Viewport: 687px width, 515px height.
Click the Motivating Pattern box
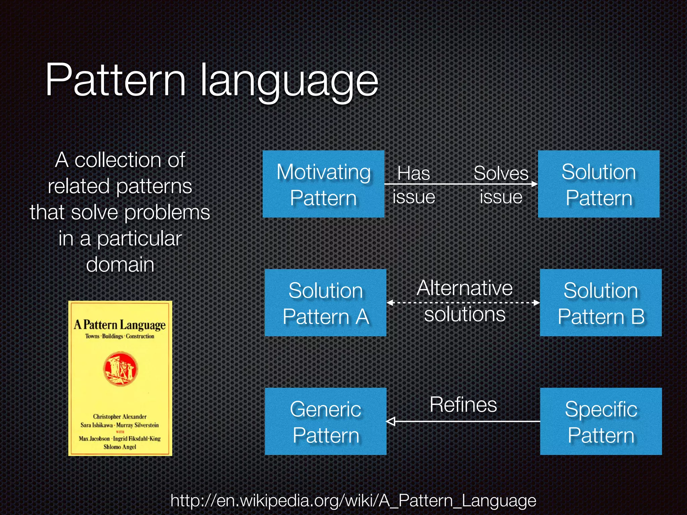click(323, 184)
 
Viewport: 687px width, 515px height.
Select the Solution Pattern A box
click(325, 303)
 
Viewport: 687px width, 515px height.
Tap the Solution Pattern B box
click(600, 303)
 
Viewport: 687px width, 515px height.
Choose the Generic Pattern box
click(325, 421)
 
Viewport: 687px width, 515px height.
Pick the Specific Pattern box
click(600, 421)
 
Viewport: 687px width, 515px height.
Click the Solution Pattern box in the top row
click(598, 184)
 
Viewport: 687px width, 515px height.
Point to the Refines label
click(463, 405)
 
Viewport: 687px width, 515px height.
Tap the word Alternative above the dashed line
click(465, 288)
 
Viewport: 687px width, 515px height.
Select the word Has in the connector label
click(413, 174)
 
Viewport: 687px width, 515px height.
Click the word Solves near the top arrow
click(501, 174)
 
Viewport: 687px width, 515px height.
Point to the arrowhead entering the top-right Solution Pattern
click(534, 184)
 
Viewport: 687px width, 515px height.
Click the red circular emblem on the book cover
click(120, 369)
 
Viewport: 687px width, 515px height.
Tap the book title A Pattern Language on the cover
click(120, 325)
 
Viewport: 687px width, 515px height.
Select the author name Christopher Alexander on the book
click(120, 417)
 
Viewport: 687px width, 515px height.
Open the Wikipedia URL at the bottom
click(353, 501)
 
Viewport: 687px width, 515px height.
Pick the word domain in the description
click(120, 265)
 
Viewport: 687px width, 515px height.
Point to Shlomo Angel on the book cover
click(120, 447)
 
